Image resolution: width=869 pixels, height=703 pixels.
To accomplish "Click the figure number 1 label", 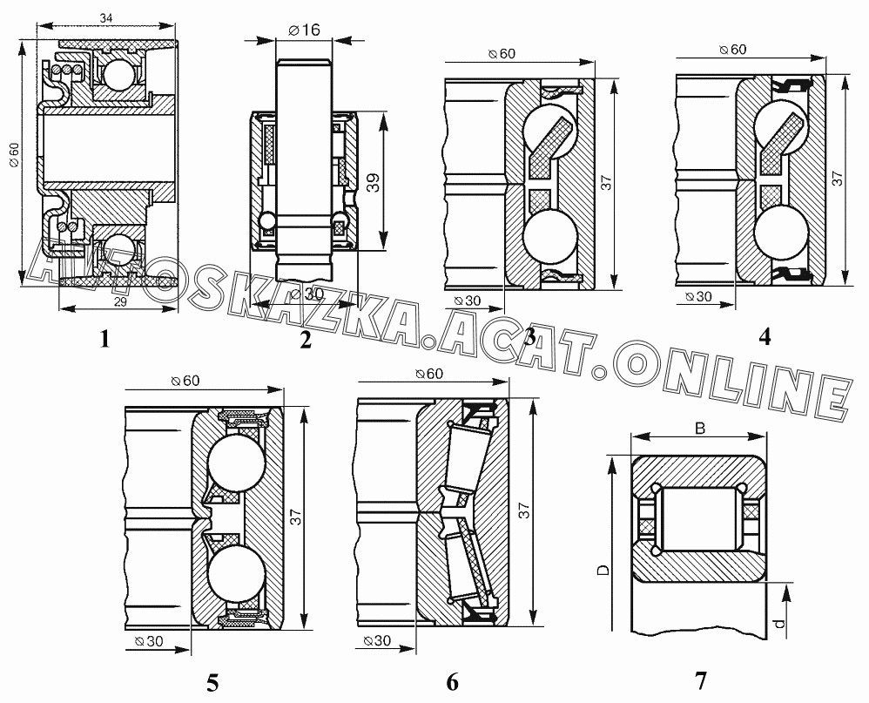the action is point(104,338).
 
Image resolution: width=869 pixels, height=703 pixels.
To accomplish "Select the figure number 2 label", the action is point(306,339).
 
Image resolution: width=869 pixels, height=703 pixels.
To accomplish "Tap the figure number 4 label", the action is point(765,336).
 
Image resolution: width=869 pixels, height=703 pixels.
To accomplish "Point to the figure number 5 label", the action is point(212,682).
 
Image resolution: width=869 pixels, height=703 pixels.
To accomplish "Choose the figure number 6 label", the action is point(452,681).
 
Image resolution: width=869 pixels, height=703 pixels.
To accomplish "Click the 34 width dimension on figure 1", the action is point(106,17).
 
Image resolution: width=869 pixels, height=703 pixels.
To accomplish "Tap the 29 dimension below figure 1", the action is point(120,301).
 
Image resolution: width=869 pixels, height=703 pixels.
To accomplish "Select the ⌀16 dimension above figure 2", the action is point(304,30).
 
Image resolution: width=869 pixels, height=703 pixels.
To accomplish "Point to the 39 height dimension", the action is point(374,182).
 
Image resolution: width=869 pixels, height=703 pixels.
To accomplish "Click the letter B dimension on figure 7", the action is point(700,429).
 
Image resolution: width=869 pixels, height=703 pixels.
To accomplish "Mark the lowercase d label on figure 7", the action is point(779,623).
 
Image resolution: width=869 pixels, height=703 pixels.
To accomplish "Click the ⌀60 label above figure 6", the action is point(429,374).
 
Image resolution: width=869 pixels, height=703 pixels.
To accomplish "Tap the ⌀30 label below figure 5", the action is point(148,641).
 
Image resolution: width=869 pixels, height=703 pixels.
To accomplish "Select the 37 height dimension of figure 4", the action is point(837,178).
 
